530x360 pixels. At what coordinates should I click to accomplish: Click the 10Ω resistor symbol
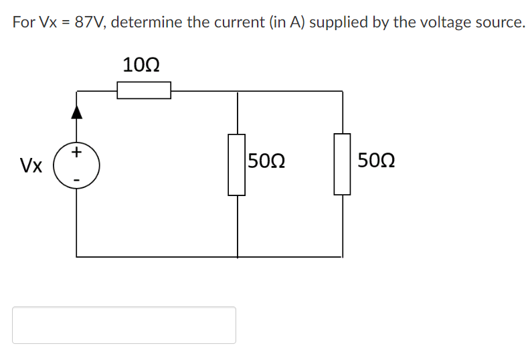tap(144, 90)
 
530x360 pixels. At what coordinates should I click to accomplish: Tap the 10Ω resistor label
tap(141, 66)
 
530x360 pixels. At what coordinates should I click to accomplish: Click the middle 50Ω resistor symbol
tap(237, 165)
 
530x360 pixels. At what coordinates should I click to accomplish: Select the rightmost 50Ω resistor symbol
tap(343, 165)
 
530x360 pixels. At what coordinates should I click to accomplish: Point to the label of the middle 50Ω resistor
tap(267, 161)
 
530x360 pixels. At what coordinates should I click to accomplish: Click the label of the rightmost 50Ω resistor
tap(376, 161)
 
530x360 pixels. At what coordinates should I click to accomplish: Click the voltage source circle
tap(77, 165)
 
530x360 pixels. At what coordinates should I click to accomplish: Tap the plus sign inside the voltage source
tap(77, 153)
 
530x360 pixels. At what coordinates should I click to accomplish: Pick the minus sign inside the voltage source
tap(77, 179)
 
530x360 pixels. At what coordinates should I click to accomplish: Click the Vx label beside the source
tap(31, 165)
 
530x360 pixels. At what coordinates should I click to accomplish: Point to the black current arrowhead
tap(77, 112)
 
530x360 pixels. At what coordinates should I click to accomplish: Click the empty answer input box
tap(124, 325)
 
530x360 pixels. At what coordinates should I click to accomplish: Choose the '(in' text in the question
tap(278, 22)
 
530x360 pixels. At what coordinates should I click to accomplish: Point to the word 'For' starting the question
tap(23, 22)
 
